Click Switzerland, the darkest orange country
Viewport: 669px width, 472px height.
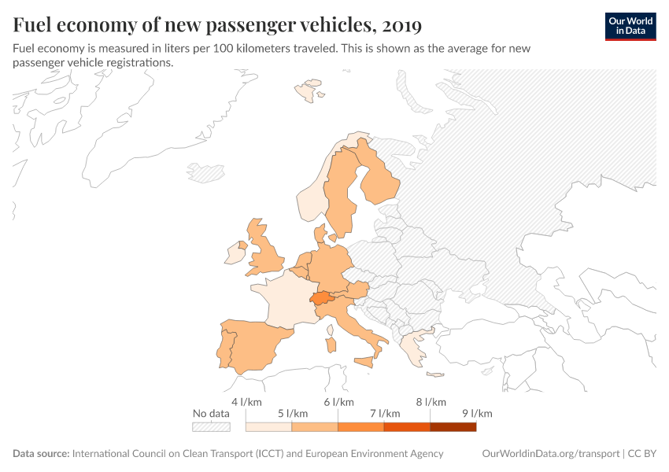[320, 298]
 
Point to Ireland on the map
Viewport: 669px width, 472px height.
[235, 253]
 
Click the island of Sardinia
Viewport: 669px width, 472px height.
[331, 345]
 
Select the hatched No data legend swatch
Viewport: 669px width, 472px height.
[211, 426]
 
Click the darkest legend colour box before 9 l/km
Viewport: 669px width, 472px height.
[453, 426]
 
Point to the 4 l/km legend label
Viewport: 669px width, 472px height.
[246, 402]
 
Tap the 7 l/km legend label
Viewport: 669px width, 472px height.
[384, 414]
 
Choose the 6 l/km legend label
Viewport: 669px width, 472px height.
[338, 402]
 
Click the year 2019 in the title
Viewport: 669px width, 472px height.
[400, 25]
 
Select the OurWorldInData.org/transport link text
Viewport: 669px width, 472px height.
[549, 454]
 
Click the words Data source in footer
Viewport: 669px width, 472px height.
[41, 454]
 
